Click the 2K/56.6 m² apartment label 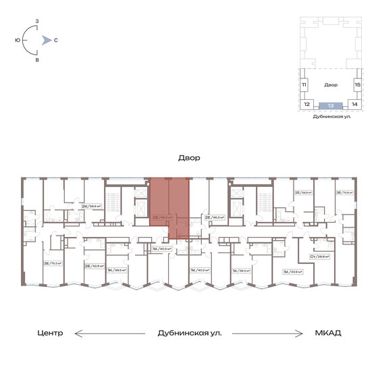tap(91, 207)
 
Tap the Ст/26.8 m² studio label tap(319, 256)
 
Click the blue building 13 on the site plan tap(330, 105)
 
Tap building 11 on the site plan tap(304, 85)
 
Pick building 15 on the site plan tap(358, 85)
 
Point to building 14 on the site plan tap(354, 105)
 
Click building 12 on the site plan tap(306, 105)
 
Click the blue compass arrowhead tap(45, 40)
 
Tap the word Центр tap(51, 333)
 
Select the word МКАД tap(327, 333)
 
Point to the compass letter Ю tap(17, 40)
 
